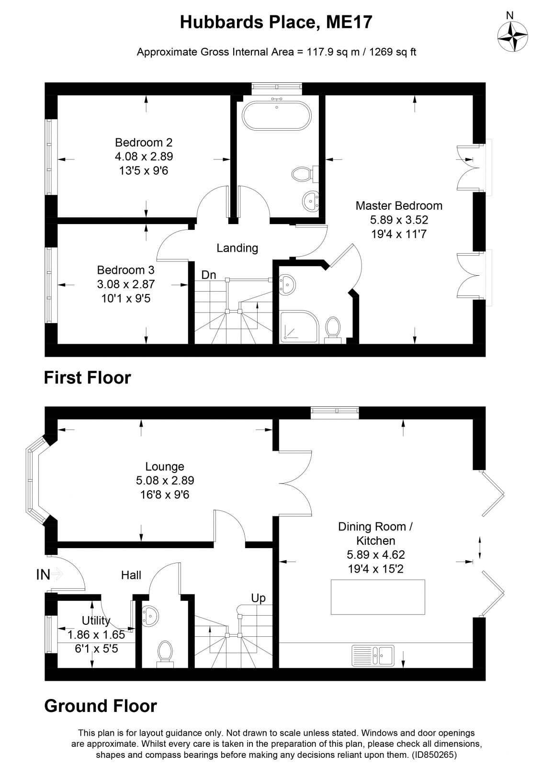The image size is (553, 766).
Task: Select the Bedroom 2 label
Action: (144, 142)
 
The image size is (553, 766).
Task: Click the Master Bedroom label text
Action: (398, 206)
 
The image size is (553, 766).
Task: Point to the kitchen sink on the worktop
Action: (373, 655)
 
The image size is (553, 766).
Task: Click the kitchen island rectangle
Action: (378, 597)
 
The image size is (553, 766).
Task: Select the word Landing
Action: (237, 248)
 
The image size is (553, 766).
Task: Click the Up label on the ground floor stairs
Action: (258, 598)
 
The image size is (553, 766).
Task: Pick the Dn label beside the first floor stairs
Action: (208, 275)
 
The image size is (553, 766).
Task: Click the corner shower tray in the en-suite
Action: (298, 327)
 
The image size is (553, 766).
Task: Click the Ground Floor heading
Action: (100, 706)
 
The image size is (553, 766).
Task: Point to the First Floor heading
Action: (87, 378)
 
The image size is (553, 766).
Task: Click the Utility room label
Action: (96, 621)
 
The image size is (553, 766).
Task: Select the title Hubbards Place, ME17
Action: (276, 22)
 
